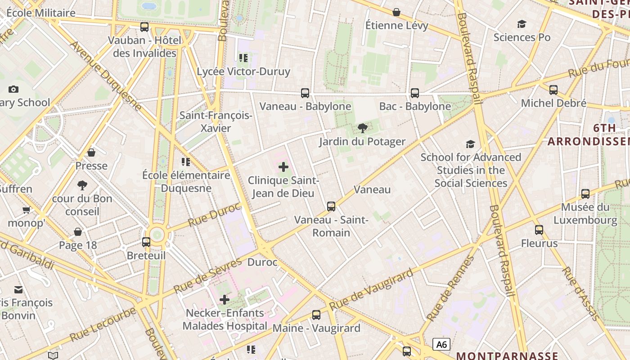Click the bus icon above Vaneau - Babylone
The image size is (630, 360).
[305, 93]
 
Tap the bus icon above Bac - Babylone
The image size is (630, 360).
[415, 93]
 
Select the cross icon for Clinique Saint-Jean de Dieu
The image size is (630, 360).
[283, 167]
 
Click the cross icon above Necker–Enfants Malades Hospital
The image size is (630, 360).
[225, 300]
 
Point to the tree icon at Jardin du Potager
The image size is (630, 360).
[362, 129]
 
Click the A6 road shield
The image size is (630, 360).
[441, 345]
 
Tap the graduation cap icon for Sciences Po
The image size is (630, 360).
[522, 24]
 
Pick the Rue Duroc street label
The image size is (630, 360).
[215, 214]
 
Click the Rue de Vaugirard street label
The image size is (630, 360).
[371, 290]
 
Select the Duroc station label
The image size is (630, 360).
[262, 262]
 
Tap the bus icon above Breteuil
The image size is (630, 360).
[146, 242]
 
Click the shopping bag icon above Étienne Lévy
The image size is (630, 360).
[396, 12]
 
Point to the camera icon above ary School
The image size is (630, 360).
[13, 90]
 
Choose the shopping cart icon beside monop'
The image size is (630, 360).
[27, 210]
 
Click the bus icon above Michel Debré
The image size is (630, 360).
[553, 90]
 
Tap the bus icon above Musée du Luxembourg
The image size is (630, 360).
[585, 194]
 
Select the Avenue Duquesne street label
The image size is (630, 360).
[106, 76]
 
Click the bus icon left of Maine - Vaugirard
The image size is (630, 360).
[316, 315]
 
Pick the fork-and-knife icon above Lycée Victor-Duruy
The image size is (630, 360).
[243, 58]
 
